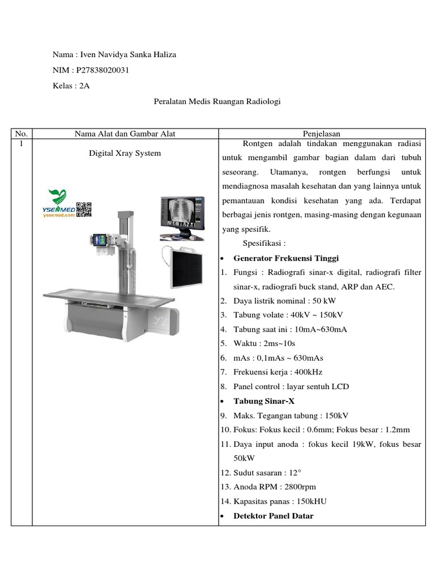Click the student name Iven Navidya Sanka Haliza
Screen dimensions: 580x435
(129, 55)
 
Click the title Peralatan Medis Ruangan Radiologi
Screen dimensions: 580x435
(217, 101)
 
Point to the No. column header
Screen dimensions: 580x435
(22, 134)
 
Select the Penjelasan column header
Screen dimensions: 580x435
(322, 134)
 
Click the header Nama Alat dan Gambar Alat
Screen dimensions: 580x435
(125, 134)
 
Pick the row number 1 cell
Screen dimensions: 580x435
(21, 144)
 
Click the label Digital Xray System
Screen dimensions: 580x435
(125, 153)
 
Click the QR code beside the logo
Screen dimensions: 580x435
(84, 209)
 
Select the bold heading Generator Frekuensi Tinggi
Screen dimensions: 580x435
(286, 258)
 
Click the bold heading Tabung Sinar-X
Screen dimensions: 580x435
(264, 401)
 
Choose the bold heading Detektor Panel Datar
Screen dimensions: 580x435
(273, 515)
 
